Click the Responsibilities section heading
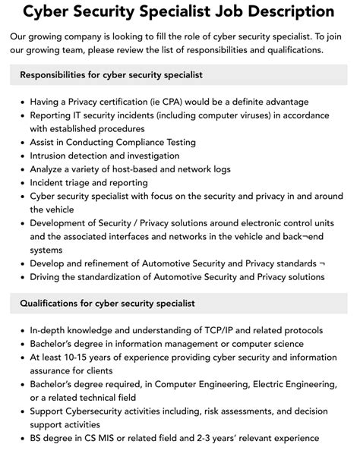(x=111, y=75)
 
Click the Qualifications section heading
(x=108, y=304)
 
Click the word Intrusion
(x=52, y=156)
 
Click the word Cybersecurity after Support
(x=103, y=411)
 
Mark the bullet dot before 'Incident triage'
(x=23, y=183)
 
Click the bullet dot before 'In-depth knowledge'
(x=23, y=330)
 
